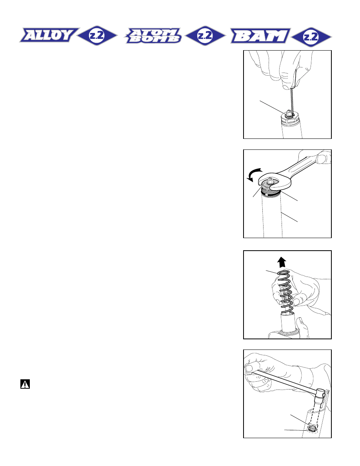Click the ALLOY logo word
pyautogui.click(x=49, y=35)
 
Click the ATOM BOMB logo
pyautogui.click(x=153, y=36)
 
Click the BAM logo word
pyautogui.click(x=260, y=36)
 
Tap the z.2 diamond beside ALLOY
pyautogui.click(x=97, y=36)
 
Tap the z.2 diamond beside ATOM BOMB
pyautogui.click(x=205, y=36)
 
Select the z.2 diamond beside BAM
pyautogui.click(x=311, y=37)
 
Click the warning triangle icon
pyautogui.click(x=25, y=384)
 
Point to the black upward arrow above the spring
pyautogui.click(x=282, y=262)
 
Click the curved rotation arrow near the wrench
pyautogui.click(x=254, y=175)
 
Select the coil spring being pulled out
pyautogui.click(x=286, y=293)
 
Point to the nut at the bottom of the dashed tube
pyautogui.click(x=312, y=428)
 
